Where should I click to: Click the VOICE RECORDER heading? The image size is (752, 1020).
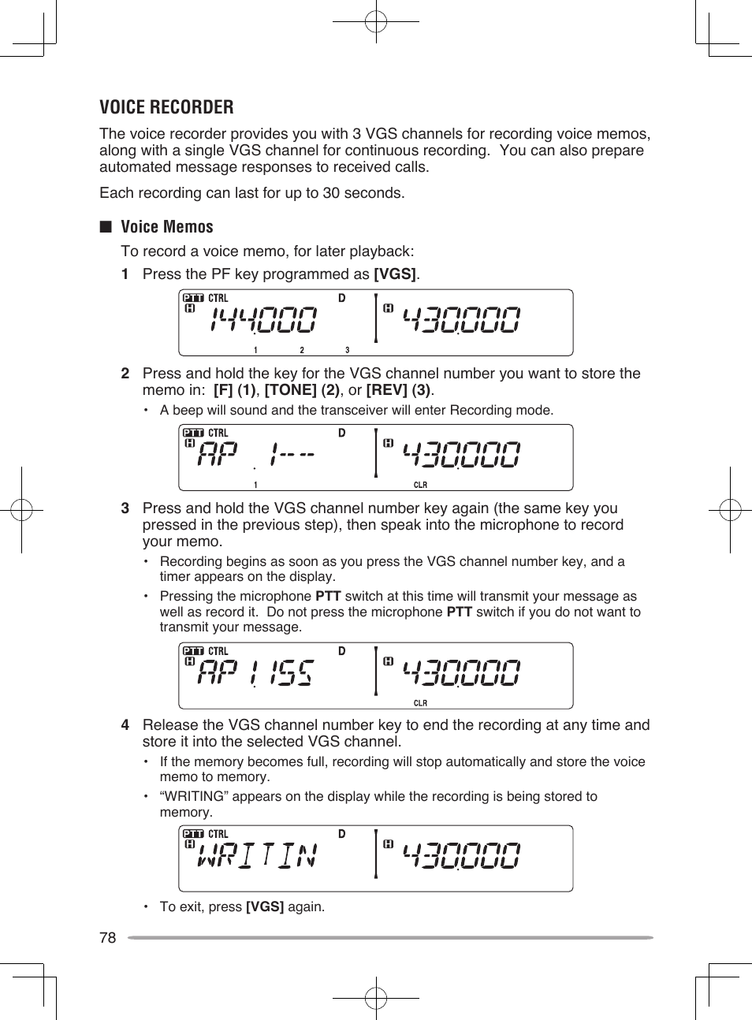click(x=166, y=107)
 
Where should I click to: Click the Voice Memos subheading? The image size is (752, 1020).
click(x=167, y=227)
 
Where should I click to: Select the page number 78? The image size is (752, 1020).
click(x=108, y=937)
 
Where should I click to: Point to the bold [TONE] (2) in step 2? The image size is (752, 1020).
click(x=302, y=390)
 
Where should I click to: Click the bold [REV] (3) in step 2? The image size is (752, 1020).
click(x=399, y=390)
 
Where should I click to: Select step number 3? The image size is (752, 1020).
click(x=125, y=508)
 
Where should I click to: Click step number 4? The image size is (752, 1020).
click(x=125, y=725)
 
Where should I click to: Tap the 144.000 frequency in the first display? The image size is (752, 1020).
click(x=264, y=320)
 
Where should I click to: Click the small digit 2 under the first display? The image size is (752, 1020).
click(x=301, y=350)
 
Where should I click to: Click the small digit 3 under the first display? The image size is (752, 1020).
click(x=347, y=350)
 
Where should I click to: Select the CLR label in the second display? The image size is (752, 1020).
click(x=420, y=485)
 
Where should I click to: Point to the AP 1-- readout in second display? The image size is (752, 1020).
click(x=256, y=455)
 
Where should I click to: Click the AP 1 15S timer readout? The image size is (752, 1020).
click(x=256, y=673)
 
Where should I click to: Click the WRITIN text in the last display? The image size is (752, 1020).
click(x=258, y=855)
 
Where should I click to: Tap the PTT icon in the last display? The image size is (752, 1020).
click(x=193, y=834)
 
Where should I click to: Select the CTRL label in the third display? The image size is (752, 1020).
click(x=218, y=651)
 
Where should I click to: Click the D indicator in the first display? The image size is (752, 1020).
click(x=342, y=299)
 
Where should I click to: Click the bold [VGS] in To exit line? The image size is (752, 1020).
click(x=265, y=907)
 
